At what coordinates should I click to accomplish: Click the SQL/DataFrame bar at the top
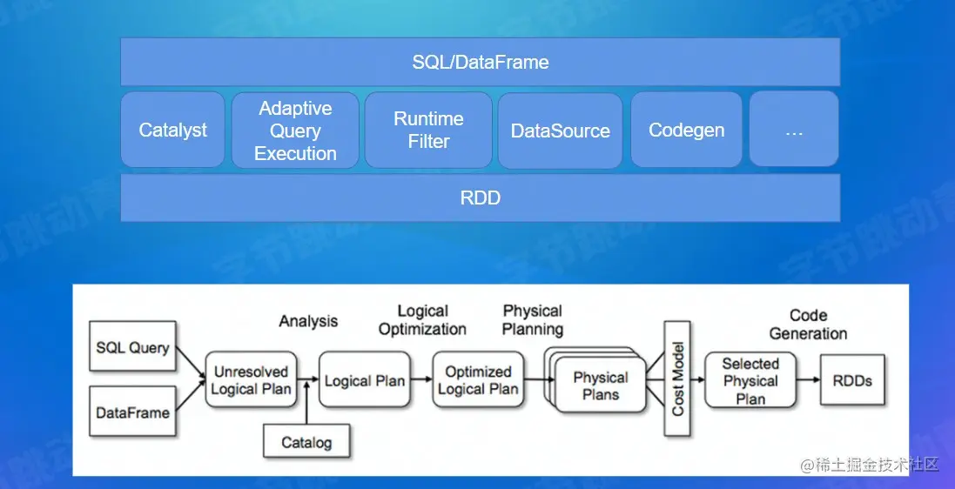[x=480, y=62]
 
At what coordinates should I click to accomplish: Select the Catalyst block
[x=172, y=130]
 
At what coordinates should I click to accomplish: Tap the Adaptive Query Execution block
[x=295, y=131]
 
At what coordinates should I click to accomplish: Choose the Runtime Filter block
[x=428, y=130]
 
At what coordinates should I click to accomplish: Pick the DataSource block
[x=560, y=131]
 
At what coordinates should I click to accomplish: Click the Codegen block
[x=686, y=130]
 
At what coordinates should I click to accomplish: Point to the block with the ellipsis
[x=793, y=130]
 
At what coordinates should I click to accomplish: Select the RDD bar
[x=480, y=198]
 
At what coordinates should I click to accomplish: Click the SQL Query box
[x=131, y=347]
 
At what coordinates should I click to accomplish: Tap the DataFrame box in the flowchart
[x=131, y=412]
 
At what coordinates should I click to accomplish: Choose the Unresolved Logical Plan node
[x=251, y=380]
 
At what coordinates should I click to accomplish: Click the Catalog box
[x=306, y=442]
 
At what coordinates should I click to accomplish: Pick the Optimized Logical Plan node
[x=478, y=380]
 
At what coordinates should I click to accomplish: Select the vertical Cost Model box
[x=676, y=379]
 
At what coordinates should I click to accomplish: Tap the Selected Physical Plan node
[x=750, y=380]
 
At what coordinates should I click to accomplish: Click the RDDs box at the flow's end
[x=851, y=380]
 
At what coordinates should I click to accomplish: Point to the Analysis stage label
[x=308, y=321]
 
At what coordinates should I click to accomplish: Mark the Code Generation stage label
[x=808, y=325]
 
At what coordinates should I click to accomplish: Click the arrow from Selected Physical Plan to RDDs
[x=808, y=380]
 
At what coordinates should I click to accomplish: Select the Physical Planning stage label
[x=533, y=319]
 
